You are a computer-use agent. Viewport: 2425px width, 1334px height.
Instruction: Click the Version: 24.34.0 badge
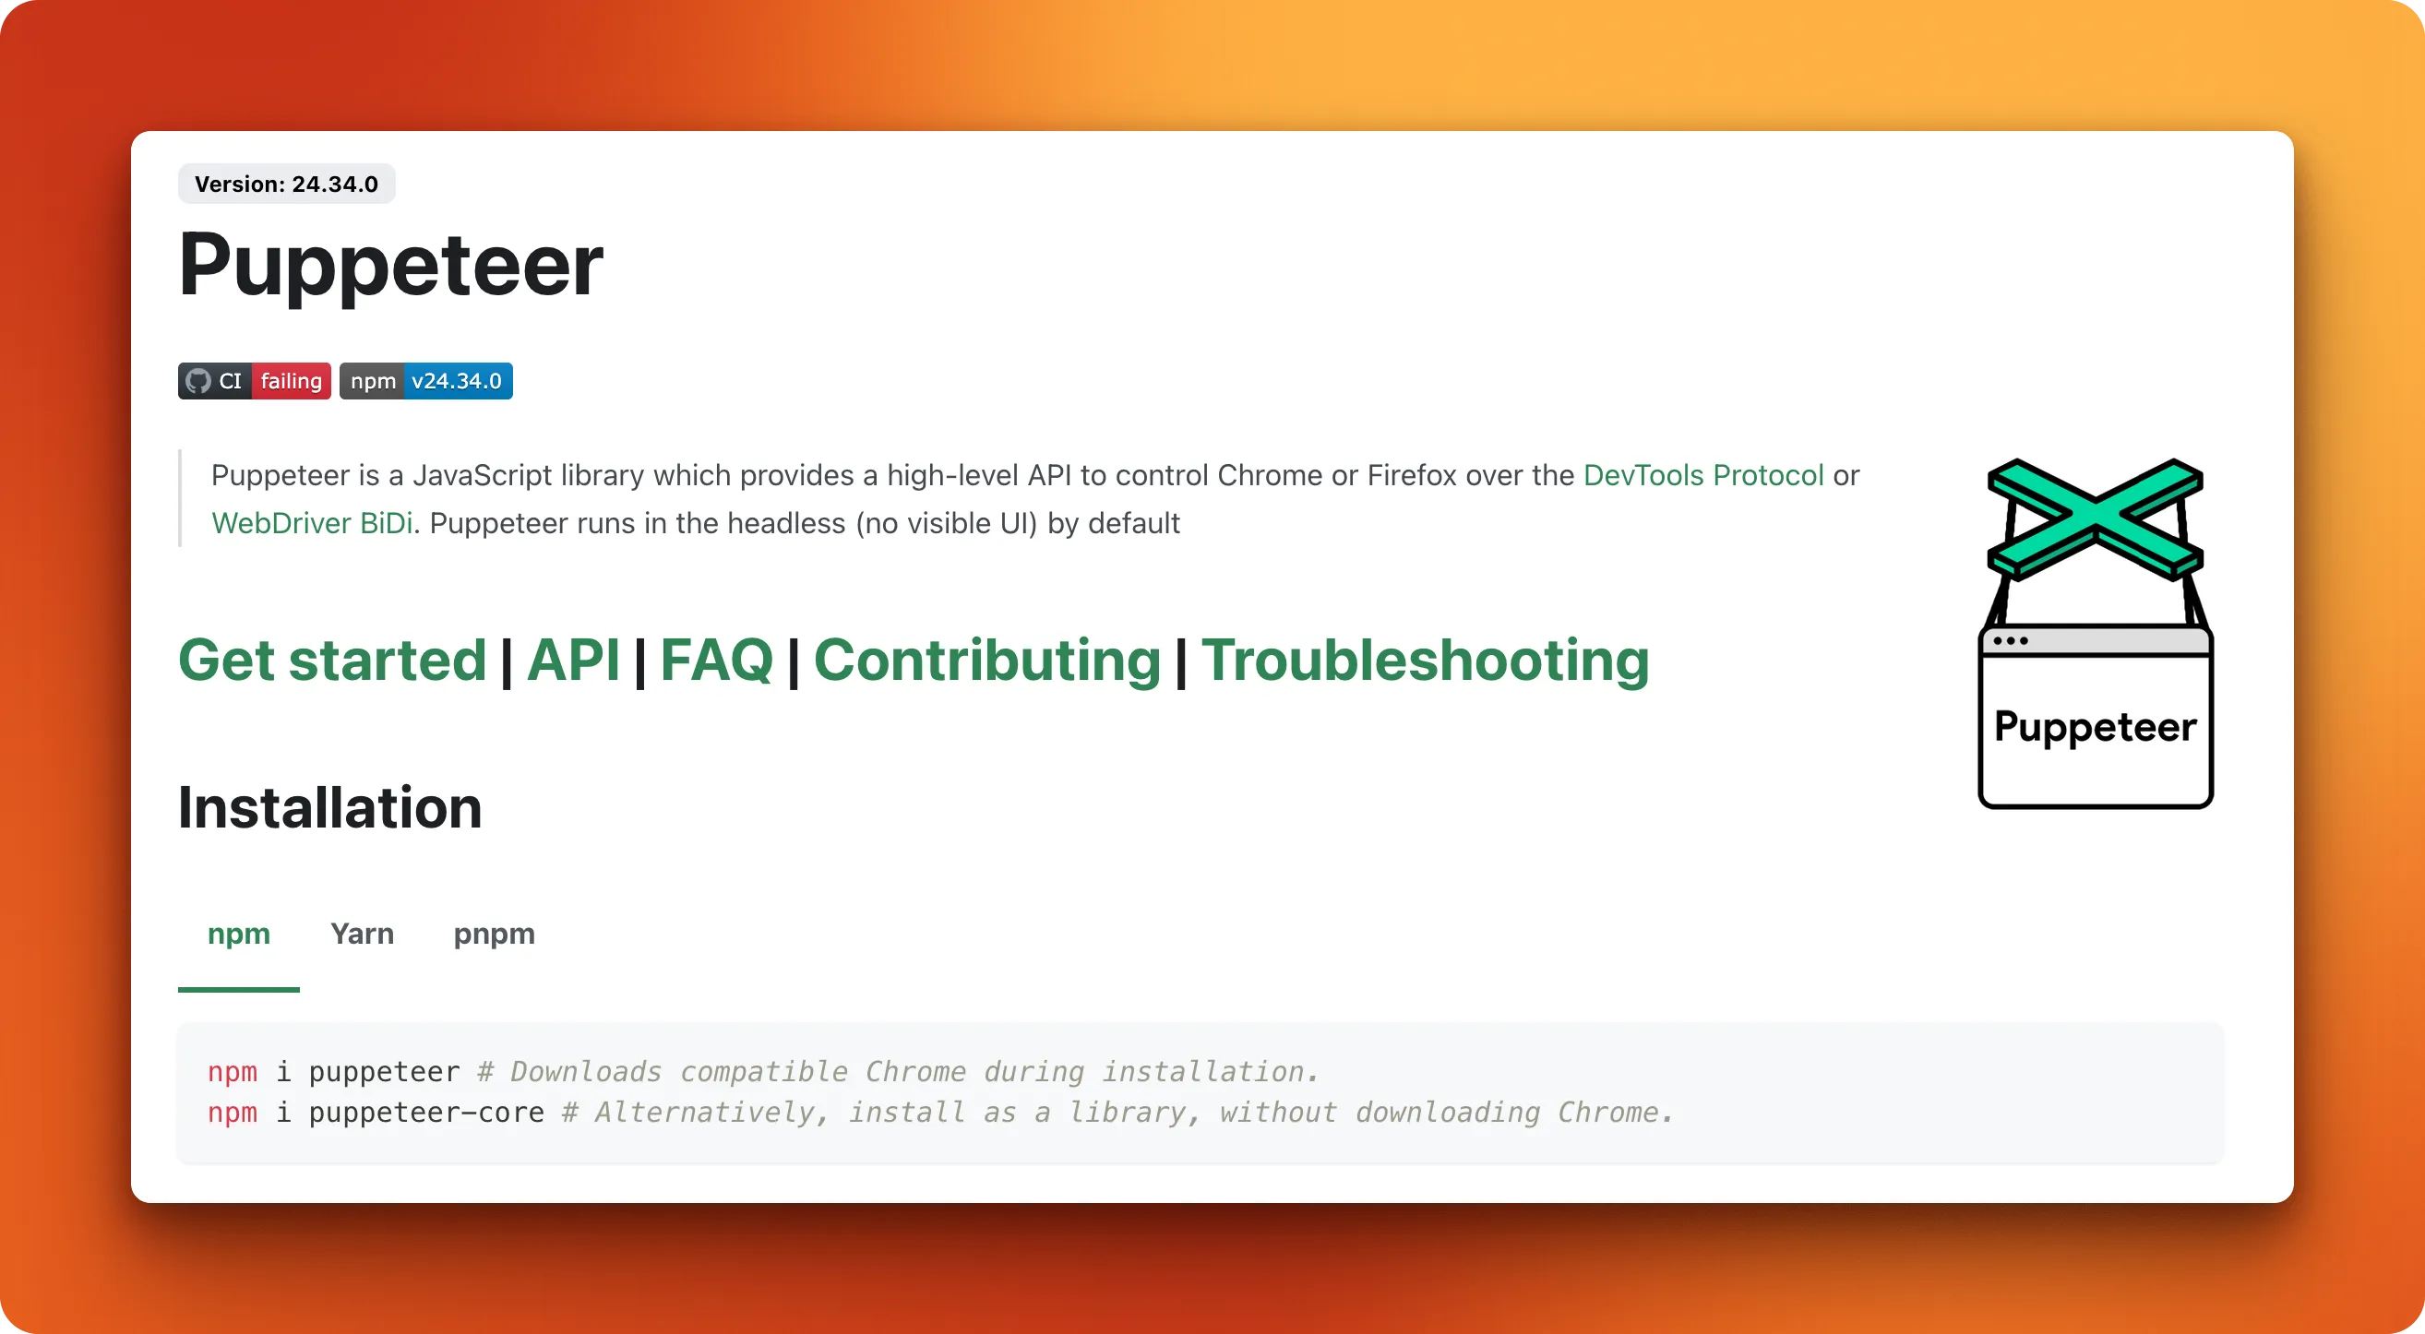(286, 184)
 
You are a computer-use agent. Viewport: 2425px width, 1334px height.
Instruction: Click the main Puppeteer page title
(390, 267)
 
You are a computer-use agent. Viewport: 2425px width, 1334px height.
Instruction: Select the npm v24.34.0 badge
(426, 381)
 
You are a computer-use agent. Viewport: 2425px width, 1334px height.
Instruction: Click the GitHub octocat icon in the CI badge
(197, 381)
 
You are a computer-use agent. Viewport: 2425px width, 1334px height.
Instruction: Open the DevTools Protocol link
(1704, 475)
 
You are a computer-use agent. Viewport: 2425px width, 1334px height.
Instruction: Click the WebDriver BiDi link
(313, 523)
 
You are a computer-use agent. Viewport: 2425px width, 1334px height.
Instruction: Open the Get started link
(332, 660)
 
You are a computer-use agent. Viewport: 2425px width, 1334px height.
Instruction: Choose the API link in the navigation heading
(573, 660)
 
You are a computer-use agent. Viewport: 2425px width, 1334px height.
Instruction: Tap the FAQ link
(716, 660)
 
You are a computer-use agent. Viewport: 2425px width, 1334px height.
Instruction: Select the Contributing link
(987, 660)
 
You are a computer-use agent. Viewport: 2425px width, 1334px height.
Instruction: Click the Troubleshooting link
(1426, 660)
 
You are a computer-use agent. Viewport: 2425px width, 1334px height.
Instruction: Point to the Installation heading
(330, 808)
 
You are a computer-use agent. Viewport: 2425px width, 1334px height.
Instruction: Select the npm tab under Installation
(239, 934)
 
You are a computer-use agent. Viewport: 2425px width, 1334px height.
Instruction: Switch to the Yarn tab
(363, 934)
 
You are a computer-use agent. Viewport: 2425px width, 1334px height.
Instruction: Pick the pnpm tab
(495, 934)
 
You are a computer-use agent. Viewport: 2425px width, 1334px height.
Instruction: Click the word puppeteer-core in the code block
(426, 1112)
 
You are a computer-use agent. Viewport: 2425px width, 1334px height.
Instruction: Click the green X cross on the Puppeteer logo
(2096, 518)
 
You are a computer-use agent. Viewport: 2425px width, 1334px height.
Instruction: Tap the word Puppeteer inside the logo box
(2096, 728)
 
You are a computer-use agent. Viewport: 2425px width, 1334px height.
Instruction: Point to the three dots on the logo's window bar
(2011, 641)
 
